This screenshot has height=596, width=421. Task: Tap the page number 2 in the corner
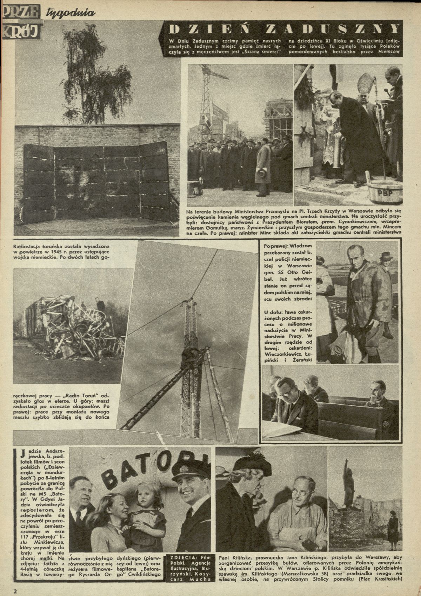[15, 590]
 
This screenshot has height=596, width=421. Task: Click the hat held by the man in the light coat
[261, 173]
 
